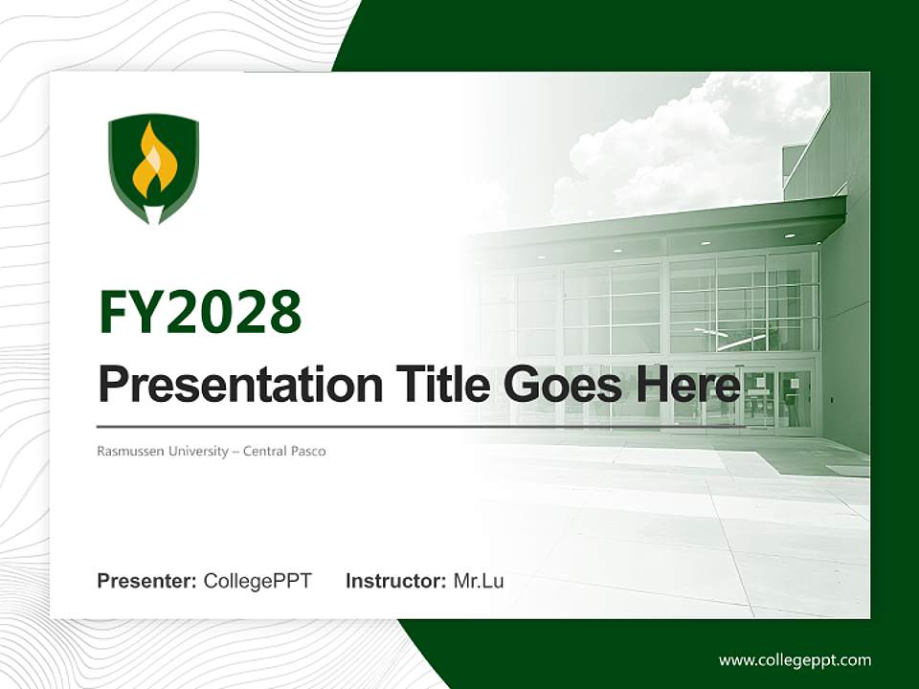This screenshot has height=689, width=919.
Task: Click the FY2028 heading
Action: pos(200,312)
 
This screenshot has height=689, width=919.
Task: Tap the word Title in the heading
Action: pos(437,385)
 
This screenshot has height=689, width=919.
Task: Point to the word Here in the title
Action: pos(687,385)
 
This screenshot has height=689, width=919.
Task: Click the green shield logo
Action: pos(153,168)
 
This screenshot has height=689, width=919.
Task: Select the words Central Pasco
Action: pos(284,451)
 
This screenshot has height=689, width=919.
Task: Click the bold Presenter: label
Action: pos(147,581)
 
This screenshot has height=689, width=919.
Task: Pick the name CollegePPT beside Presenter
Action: pos(258,581)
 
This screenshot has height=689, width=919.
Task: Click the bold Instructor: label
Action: pos(395,581)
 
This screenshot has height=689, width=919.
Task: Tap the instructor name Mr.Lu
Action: pos(479,581)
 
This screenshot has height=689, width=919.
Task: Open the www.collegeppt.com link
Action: pos(795,660)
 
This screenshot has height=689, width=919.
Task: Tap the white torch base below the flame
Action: pos(153,211)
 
